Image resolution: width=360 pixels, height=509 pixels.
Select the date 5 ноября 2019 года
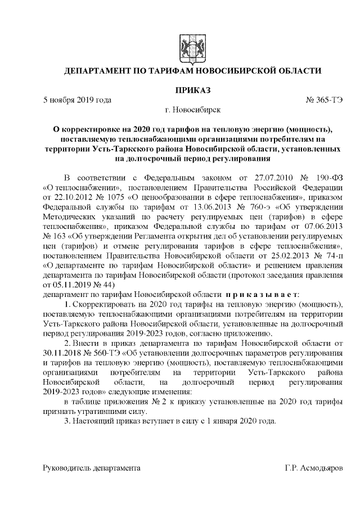(77, 100)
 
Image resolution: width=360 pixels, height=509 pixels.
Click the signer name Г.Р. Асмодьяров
(317, 468)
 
